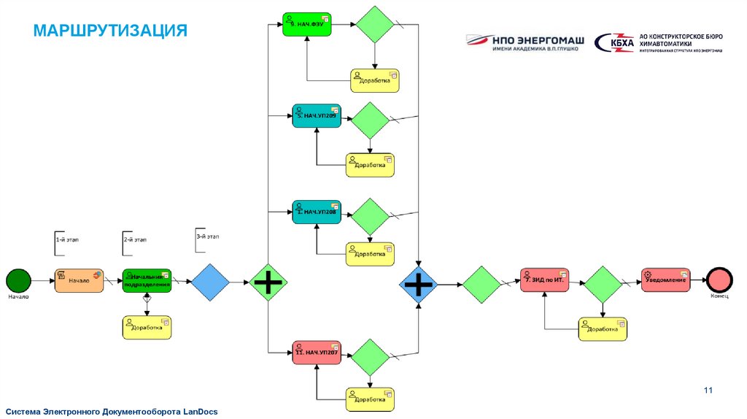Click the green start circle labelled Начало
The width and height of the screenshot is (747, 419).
[18, 280]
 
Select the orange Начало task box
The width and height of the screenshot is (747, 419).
[79, 280]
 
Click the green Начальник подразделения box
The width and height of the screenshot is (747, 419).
[147, 280]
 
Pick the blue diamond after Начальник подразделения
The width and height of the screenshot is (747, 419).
[210, 281]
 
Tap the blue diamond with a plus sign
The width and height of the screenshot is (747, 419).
[419, 282]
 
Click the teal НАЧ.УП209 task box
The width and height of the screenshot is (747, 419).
[317, 115]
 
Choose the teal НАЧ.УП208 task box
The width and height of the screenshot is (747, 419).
[317, 212]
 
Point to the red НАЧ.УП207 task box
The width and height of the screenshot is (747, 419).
[317, 353]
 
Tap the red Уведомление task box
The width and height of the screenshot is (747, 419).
[665, 280]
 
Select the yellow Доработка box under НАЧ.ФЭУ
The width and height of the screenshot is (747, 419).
[375, 80]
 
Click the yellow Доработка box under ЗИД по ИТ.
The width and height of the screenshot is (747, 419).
[602, 329]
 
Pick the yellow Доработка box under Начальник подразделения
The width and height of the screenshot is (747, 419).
[147, 328]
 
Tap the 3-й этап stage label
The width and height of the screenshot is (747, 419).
[208, 237]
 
